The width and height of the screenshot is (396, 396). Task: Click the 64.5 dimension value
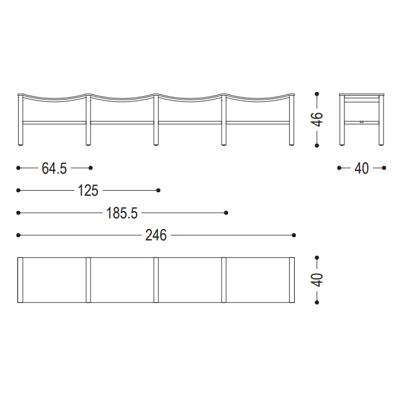pyautogui.click(x=54, y=169)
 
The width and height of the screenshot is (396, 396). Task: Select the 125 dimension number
pyautogui.click(x=88, y=191)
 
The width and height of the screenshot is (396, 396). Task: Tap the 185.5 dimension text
pyautogui.click(x=122, y=213)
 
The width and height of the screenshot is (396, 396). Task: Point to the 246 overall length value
pyautogui.click(x=156, y=235)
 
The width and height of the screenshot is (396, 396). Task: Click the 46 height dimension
pyautogui.click(x=317, y=119)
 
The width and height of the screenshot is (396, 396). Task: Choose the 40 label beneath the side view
pyautogui.click(x=361, y=169)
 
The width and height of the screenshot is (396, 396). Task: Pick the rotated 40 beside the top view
pyautogui.click(x=317, y=280)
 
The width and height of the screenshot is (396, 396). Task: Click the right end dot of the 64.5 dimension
pyautogui.click(x=91, y=168)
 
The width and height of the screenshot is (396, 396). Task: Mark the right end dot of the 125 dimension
pyautogui.click(x=158, y=190)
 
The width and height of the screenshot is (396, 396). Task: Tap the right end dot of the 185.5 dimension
pyautogui.click(x=226, y=213)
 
